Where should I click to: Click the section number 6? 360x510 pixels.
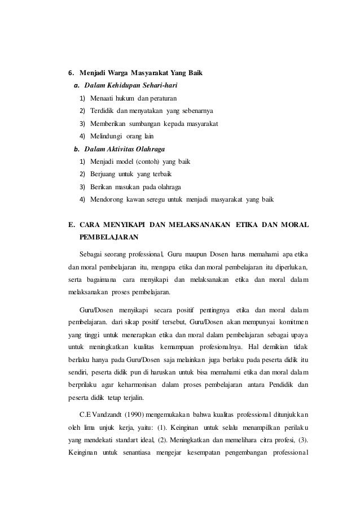(x=71, y=73)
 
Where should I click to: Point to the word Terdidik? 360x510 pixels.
(x=102, y=111)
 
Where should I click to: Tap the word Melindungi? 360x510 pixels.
(x=107, y=136)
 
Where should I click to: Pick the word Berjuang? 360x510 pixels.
(x=103, y=174)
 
